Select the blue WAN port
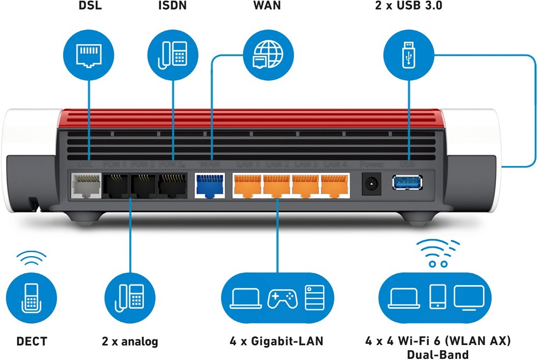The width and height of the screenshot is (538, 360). click(209, 186)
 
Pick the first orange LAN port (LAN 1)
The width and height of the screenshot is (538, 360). click(247, 186)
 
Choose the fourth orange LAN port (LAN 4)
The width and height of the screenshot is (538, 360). click(334, 186)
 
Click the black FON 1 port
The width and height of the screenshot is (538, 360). click(115, 186)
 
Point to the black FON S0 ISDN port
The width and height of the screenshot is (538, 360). click(173, 186)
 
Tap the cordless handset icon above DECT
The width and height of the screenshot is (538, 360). click(30, 298)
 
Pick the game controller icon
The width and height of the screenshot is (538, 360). click(282, 298)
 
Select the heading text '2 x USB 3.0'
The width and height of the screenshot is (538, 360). click(408, 8)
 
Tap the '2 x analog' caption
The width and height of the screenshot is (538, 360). click(130, 341)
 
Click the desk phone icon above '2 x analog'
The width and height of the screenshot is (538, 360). click(129, 298)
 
